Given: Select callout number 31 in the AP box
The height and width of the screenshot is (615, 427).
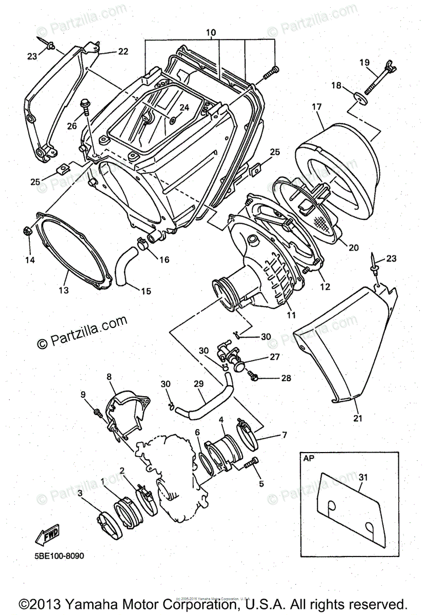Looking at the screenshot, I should coord(363,477).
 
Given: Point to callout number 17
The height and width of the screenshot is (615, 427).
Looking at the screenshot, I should coord(316,107).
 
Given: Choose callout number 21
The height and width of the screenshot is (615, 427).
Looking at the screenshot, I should coord(358,418).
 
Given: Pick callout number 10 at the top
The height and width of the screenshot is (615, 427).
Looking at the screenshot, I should coord(210,33).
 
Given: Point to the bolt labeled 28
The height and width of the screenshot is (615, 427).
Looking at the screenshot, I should coord(254,378).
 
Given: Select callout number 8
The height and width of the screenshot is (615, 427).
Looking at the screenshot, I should coord(109,376).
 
